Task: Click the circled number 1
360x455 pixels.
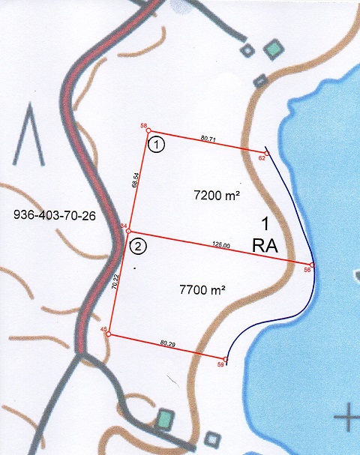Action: (155, 144)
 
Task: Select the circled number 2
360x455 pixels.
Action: (138, 244)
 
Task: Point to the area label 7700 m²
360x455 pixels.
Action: (203, 289)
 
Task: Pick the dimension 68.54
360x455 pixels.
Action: (136, 184)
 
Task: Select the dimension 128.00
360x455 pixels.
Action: (220, 244)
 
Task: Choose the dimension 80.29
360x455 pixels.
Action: (167, 345)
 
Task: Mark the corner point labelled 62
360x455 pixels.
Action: (266, 150)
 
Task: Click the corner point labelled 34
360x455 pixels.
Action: (128, 231)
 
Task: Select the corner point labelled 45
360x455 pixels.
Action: (109, 334)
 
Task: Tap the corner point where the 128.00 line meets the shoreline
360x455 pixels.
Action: (312, 265)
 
